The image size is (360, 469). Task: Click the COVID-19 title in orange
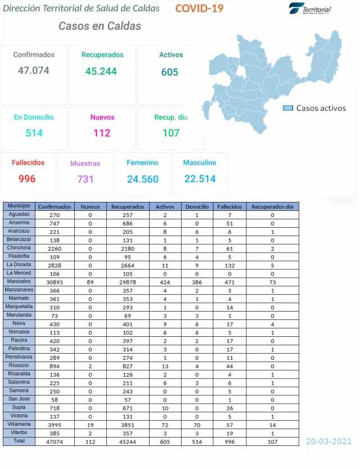tap(199, 8)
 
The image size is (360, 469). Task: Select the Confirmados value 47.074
tap(34, 71)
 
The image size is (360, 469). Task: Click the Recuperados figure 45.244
tap(101, 71)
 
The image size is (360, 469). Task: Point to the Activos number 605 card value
tap(169, 72)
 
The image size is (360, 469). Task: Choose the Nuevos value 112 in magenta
tap(102, 133)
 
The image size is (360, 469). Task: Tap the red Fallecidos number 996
tap(27, 179)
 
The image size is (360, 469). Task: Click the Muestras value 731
tap(85, 179)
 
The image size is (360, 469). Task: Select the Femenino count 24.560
tap(142, 179)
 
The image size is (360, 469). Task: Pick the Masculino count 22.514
tap(200, 179)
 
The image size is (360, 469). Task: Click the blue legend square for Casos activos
tap(288, 108)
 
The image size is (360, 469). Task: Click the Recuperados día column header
tap(272, 206)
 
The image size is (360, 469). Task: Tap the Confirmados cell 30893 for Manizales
tap(55, 281)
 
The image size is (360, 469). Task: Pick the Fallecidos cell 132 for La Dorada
tap(229, 265)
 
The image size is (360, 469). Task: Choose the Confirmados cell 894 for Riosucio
tap(55, 365)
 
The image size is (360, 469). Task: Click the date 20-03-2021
tap(329, 441)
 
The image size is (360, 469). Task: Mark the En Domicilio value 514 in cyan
tap(34, 133)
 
